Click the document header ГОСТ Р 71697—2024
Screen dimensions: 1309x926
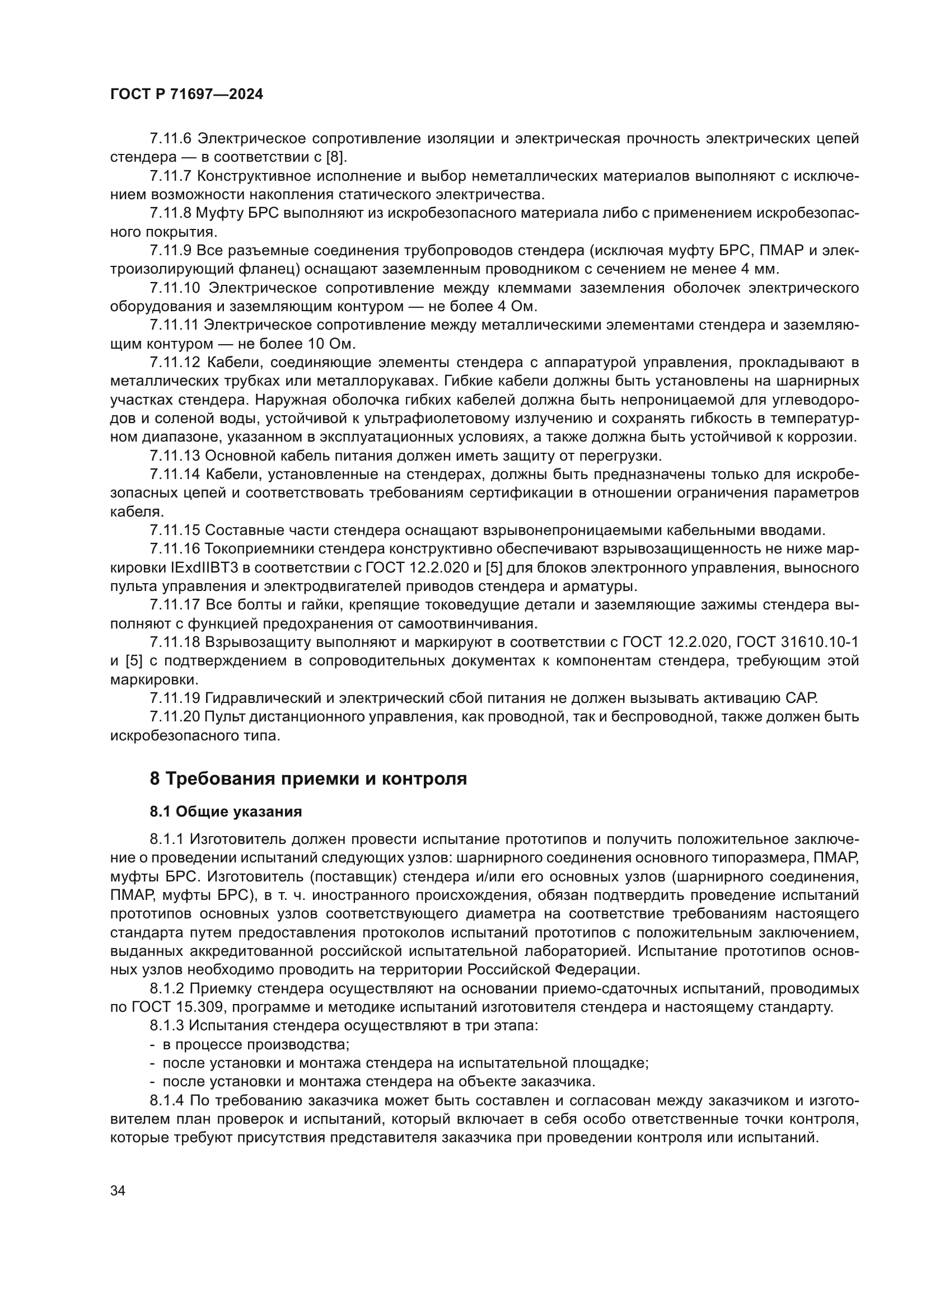pyautogui.click(x=186, y=95)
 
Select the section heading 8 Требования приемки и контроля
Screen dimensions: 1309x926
pyautogui.click(x=308, y=778)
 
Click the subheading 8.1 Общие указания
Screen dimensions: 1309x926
pyautogui.click(x=226, y=812)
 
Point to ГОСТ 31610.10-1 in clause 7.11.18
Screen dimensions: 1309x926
pyautogui.click(x=797, y=642)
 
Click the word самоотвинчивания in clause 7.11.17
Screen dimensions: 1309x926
pyautogui.click(x=456, y=623)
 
